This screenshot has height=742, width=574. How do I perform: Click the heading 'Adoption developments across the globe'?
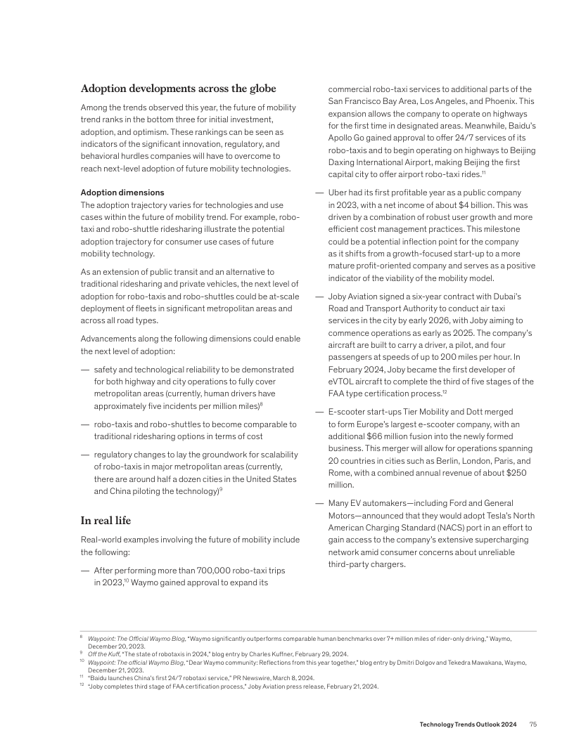(x=179, y=89)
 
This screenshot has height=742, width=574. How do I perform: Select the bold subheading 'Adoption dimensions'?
(x=122, y=192)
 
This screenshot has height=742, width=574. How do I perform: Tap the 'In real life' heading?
(x=106, y=521)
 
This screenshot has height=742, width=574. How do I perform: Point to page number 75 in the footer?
(x=534, y=724)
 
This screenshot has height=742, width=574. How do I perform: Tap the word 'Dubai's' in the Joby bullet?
(x=520, y=296)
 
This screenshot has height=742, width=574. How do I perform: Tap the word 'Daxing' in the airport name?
(x=343, y=162)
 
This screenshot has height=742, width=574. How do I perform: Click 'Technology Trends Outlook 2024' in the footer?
(x=468, y=724)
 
